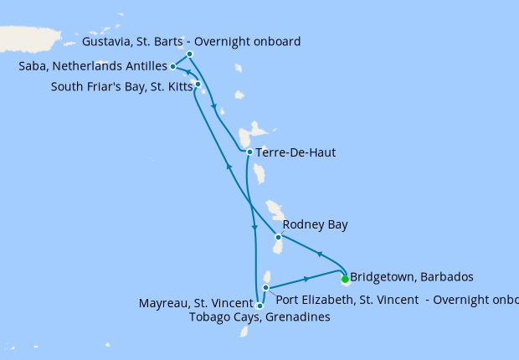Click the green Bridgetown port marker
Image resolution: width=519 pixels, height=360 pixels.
(345, 280)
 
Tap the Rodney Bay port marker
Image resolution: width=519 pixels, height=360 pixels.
(278, 237)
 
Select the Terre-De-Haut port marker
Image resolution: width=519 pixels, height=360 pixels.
(249, 152)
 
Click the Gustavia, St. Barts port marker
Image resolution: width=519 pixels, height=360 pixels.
(190, 54)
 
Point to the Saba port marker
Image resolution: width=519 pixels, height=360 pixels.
(172, 66)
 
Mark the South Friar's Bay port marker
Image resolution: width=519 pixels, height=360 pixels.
(198, 84)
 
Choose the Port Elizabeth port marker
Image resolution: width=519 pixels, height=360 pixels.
(265, 288)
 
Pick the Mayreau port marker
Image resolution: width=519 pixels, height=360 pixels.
(259, 306)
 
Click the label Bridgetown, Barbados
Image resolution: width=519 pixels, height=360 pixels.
(412, 276)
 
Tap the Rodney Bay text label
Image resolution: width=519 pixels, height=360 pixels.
(315, 224)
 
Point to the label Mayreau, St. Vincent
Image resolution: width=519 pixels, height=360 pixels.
(196, 303)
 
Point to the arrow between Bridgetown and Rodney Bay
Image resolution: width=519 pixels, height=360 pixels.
(318, 254)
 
